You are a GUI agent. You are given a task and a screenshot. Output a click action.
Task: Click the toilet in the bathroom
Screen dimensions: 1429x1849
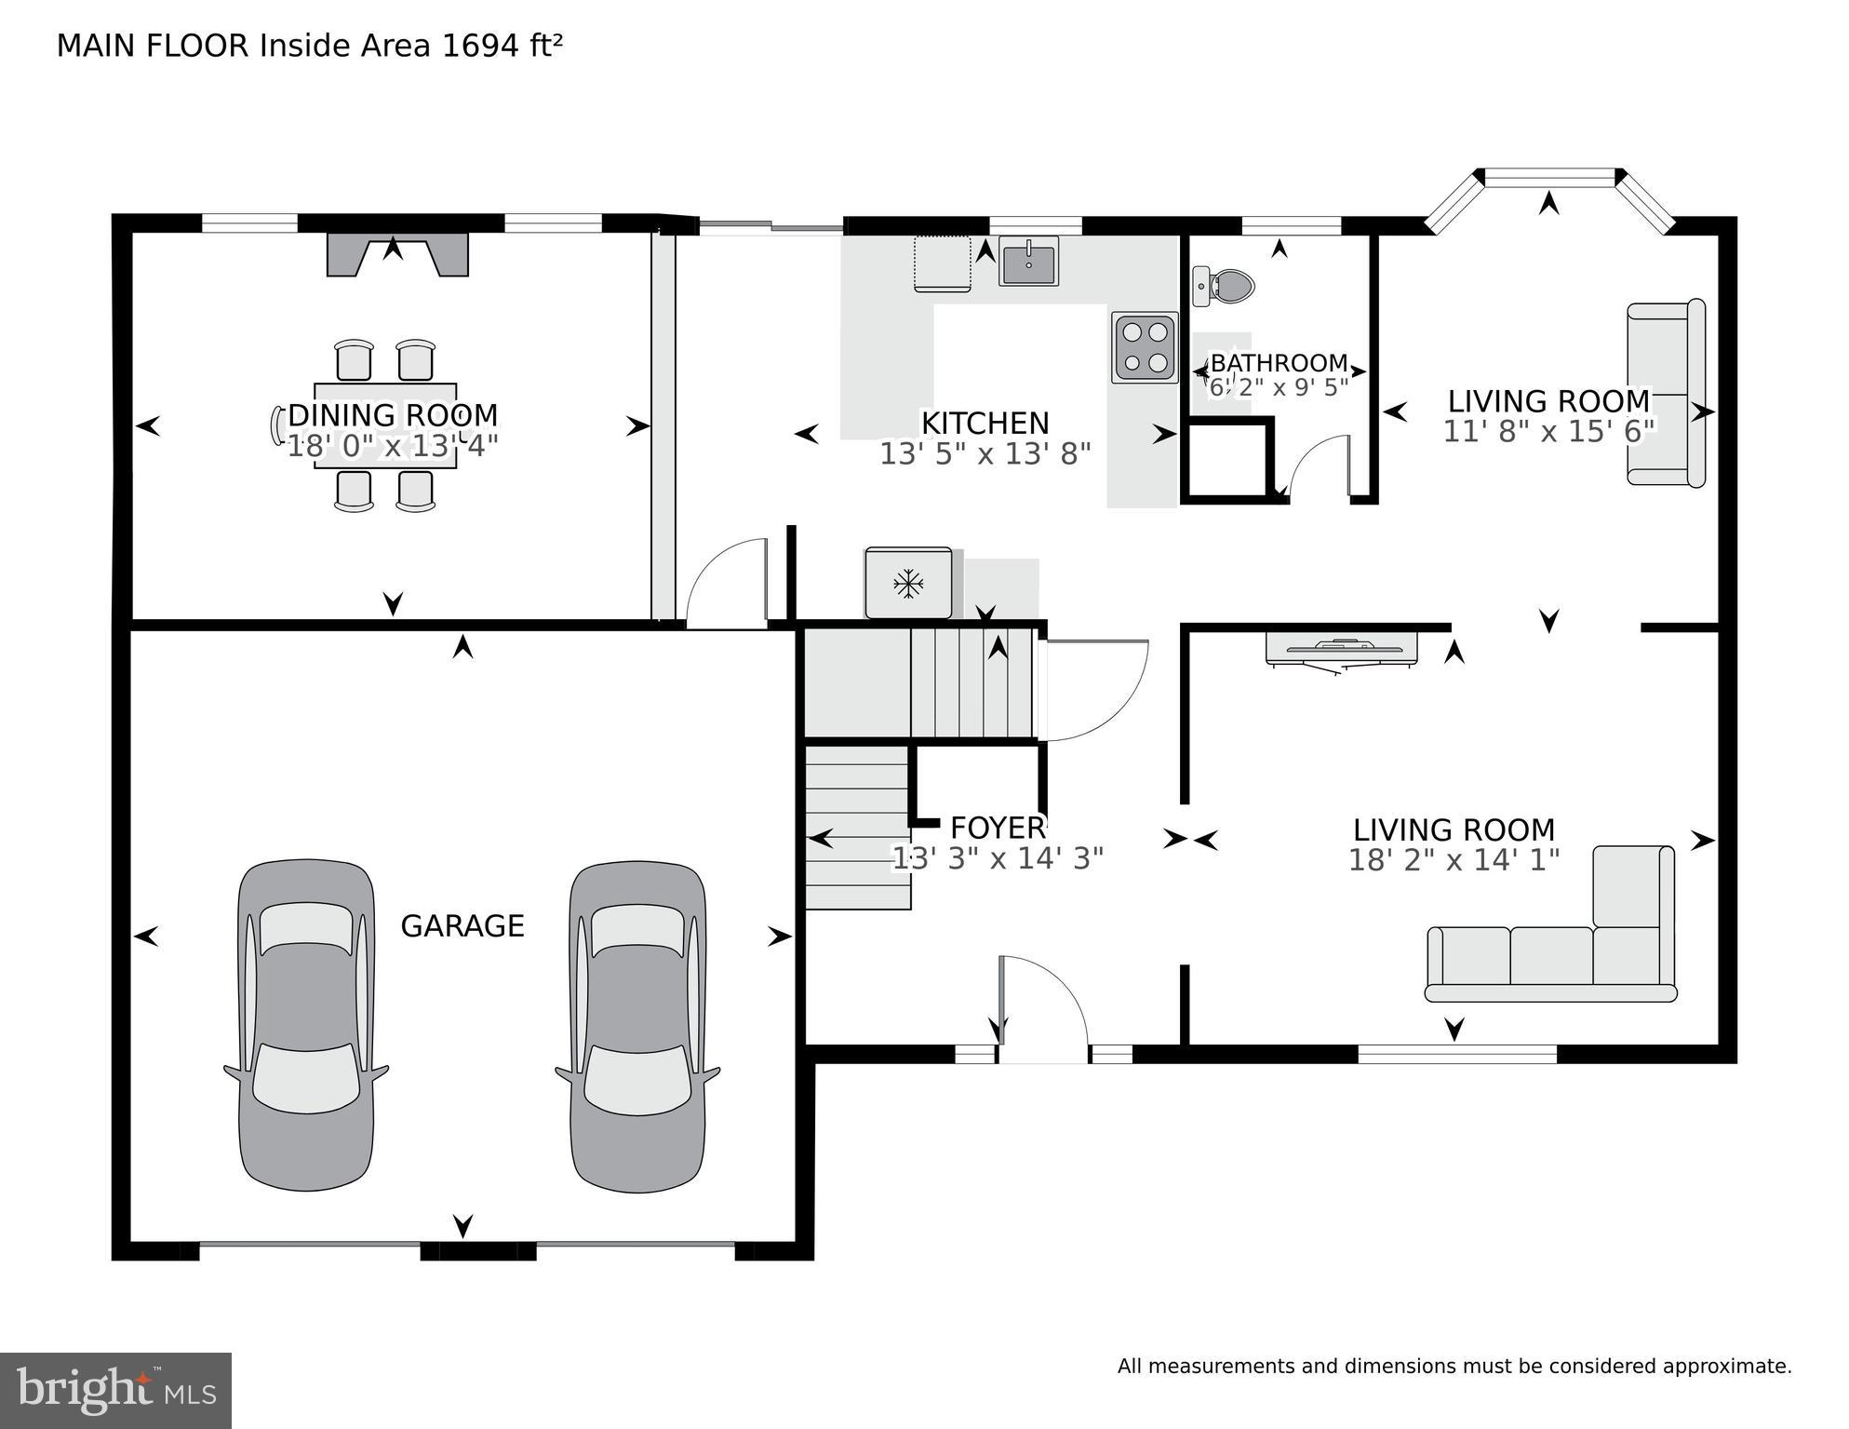[x=1226, y=286]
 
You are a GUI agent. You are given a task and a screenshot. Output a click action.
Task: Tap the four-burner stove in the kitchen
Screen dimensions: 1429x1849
[x=1145, y=347]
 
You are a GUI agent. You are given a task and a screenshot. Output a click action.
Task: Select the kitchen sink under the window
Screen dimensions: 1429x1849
[x=1028, y=261]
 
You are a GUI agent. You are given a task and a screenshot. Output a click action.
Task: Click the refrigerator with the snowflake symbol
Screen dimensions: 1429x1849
[x=908, y=584]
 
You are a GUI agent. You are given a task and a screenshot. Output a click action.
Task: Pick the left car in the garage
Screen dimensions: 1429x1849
[x=306, y=1024]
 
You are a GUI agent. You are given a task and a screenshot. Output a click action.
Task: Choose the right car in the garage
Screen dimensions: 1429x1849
[x=637, y=1026]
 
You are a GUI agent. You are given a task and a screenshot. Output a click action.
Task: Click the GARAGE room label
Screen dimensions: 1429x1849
[x=462, y=926]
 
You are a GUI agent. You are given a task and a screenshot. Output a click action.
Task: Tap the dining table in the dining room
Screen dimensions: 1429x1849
[x=385, y=425]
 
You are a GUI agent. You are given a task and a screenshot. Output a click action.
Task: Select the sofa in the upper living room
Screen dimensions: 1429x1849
[x=1665, y=393]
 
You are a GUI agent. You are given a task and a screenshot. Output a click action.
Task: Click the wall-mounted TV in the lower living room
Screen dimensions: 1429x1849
[x=1341, y=648]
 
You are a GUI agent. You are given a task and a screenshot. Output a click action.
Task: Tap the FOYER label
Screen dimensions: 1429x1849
[x=997, y=828]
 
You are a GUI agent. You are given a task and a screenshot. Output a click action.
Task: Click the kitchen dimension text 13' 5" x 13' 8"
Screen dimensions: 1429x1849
[x=985, y=454]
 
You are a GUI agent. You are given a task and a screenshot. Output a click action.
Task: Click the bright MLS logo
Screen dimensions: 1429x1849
[x=115, y=1390]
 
